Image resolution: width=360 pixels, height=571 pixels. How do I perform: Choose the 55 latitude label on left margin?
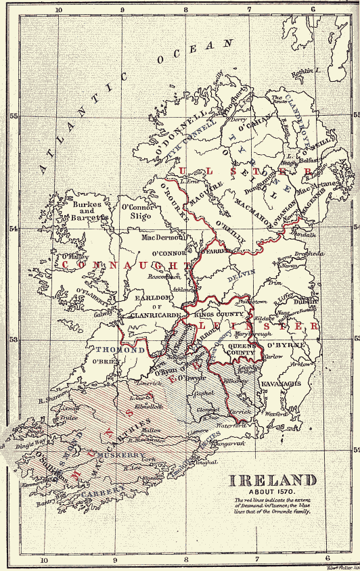[x=13, y=116]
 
